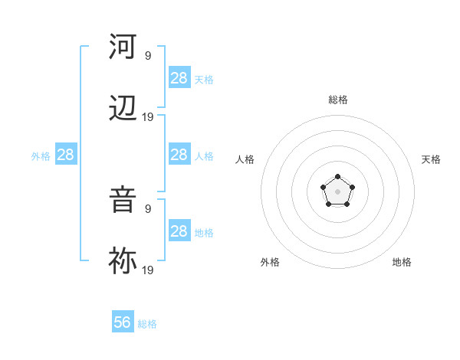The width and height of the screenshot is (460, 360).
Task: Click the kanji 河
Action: click(x=123, y=47)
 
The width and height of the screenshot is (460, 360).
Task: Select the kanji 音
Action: click(x=123, y=200)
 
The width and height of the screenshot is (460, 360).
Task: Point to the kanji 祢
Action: click(x=123, y=261)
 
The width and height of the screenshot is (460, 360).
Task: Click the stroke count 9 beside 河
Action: click(x=148, y=55)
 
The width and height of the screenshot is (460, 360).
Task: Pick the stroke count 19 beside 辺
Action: click(x=148, y=117)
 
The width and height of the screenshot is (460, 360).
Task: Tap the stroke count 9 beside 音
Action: click(x=148, y=208)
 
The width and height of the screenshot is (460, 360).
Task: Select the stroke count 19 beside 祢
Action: click(x=148, y=269)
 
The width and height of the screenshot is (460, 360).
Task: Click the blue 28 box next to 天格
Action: click(x=179, y=78)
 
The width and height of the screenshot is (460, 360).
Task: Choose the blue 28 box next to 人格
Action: click(x=179, y=155)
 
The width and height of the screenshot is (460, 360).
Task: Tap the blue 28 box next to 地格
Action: click(x=179, y=231)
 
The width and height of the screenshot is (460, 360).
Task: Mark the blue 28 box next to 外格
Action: click(x=65, y=155)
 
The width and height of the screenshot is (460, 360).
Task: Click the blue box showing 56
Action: click(x=123, y=322)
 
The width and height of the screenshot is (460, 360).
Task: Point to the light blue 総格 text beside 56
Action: click(x=147, y=324)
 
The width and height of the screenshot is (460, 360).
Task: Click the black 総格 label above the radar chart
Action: click(x=338, y=100)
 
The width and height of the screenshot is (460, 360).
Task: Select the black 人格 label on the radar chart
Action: click(x=245, y=159)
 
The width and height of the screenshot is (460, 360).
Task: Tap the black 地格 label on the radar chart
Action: click(x=402, y=262)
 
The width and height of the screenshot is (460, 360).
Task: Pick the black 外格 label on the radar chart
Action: click(x=270, y=262)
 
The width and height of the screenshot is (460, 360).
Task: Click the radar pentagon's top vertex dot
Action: click(x=338, y=178)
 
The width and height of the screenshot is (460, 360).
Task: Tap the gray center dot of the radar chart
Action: click(x=338, y=191)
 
